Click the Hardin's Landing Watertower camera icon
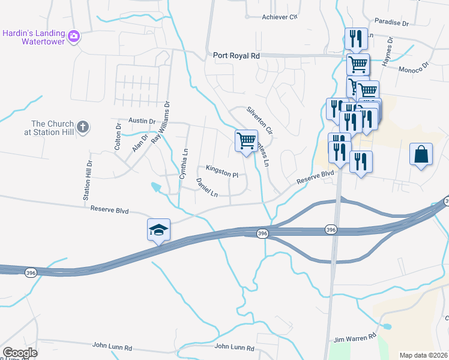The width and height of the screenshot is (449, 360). click(74, 36)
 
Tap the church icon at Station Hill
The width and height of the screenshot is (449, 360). click(83, 127)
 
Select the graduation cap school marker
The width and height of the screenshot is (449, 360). click(158, 230)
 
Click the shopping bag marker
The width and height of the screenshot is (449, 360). click(421, 154)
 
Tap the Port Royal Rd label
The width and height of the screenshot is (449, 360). click(237, 55)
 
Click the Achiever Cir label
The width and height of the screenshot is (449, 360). click(280, 17)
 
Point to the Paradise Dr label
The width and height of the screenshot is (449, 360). click(391, 23)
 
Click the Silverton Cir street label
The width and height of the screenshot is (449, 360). click(260, 121)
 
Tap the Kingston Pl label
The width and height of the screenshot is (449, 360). click(222, 171)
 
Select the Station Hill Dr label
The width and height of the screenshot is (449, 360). click(88, 180)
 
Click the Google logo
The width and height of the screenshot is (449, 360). click(20, 353)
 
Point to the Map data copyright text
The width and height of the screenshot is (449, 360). click(423, 355)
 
